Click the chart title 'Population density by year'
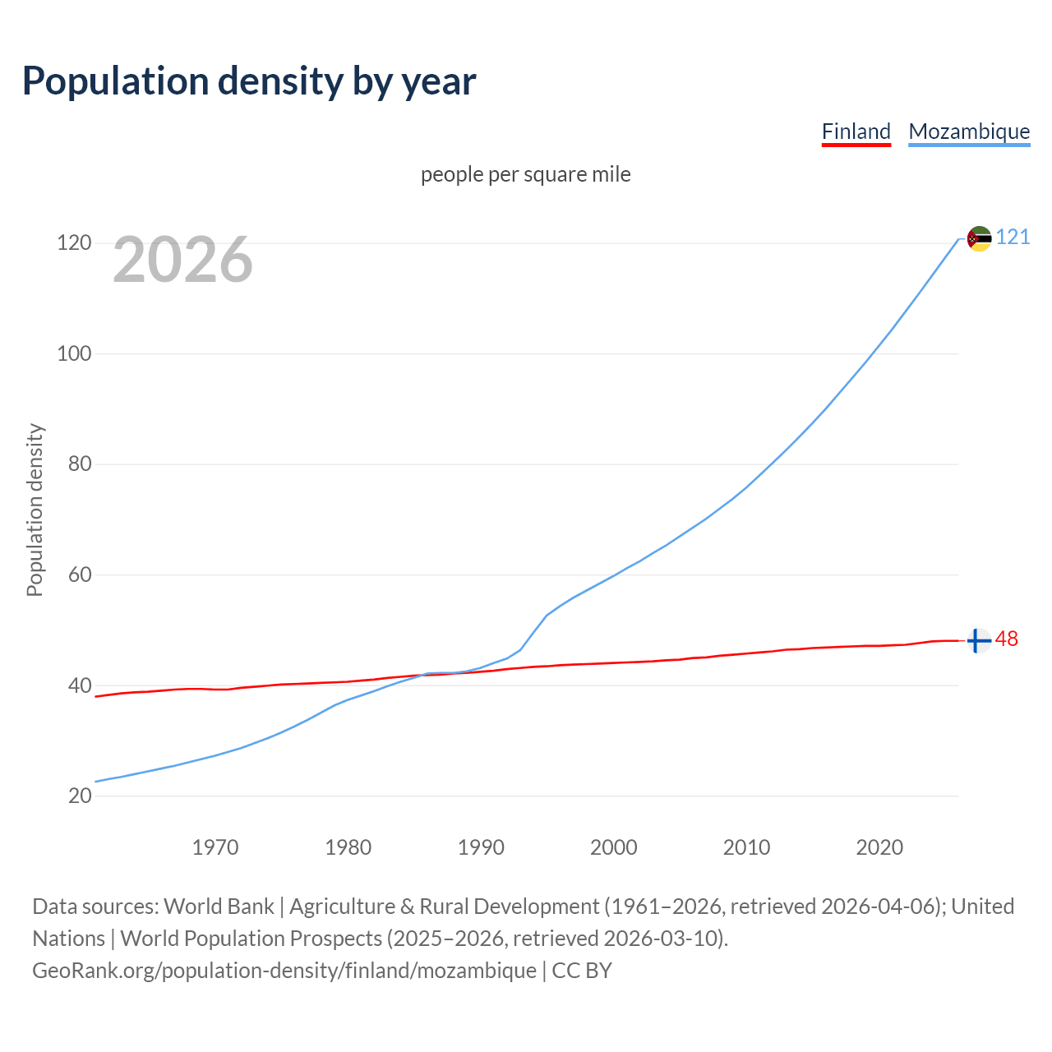249,81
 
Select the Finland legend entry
856,131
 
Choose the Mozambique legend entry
969,131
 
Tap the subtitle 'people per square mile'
525,174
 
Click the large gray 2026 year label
182,260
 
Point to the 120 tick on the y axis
73,243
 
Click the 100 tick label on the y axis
73,354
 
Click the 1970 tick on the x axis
215,847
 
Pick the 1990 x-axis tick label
481,847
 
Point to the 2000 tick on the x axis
614,847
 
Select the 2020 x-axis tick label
879,847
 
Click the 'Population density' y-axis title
35,510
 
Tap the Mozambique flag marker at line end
979,238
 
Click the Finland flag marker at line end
978,640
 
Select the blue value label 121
1013,238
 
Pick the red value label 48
1007,639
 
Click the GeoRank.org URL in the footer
284,971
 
